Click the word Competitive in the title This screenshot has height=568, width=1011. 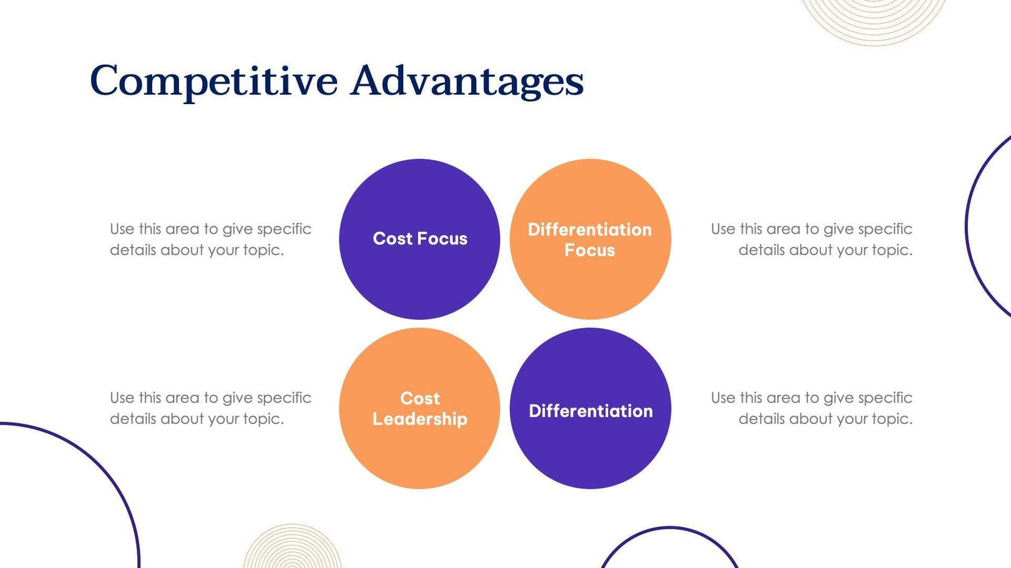[x=213, y=81]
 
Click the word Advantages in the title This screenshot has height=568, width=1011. [x=467, y=81]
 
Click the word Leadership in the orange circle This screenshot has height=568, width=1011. [x=419, y=419]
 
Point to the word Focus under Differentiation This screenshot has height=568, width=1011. [x=590, y=250]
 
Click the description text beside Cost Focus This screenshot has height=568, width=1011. [x=210, y=239]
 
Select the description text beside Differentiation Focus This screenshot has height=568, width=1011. [x=811, y=239]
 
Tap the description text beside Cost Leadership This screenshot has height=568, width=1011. [x=210, y=408]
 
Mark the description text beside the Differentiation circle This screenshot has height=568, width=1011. [x=811, y=408]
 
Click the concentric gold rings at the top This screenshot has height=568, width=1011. [x=874, y=19]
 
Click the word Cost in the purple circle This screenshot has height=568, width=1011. [x=393, y=239]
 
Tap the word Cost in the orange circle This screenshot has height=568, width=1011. [x=420, y=398]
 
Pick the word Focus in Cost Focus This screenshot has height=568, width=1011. [x=442, y=239]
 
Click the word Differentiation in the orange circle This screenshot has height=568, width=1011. [x=590, y=229]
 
